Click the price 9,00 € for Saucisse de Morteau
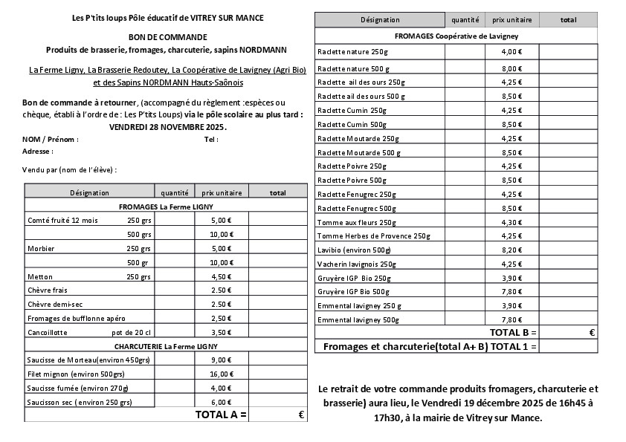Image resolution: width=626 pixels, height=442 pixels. [x=221, y=360]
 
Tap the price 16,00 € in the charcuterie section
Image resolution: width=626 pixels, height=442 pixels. [x=221, y=374]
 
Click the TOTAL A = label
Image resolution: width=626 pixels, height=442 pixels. [x=221, y=415]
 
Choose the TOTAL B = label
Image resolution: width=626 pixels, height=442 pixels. [x=512, y=332]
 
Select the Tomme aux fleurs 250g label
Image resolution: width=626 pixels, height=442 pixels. [x=357, y=222]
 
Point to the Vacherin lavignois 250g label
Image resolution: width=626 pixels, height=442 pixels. [x=357, y=264]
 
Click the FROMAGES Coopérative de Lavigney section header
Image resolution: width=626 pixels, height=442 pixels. [x=456, y=35]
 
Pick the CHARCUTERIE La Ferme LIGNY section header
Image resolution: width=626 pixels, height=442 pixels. [x=166, y=346]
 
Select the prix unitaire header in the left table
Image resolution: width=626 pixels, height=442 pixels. [x=221, y=192]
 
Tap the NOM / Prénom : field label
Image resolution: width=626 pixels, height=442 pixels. [x=51, y=139]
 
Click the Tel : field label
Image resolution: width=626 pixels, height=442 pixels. [x=211, y=139]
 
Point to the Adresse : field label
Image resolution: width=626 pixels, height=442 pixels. [x=38, y=151]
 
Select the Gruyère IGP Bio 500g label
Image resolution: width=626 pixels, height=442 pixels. [x=353, y=292]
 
